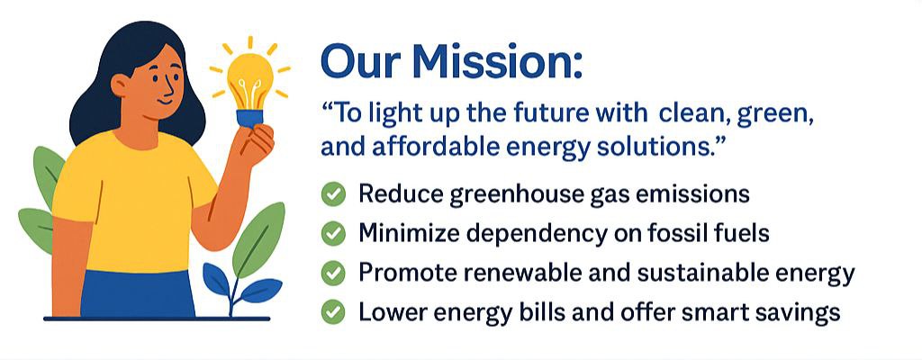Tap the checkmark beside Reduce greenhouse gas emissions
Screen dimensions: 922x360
(333, 194)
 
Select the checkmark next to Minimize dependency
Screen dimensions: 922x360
(333, 234)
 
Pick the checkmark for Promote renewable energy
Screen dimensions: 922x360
(333, 274)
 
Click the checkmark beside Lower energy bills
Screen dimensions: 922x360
(333, 312)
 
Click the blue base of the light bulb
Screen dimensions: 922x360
(250, 118)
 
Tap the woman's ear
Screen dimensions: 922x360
(120, 85)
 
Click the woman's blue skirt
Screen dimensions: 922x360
(138, 293)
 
